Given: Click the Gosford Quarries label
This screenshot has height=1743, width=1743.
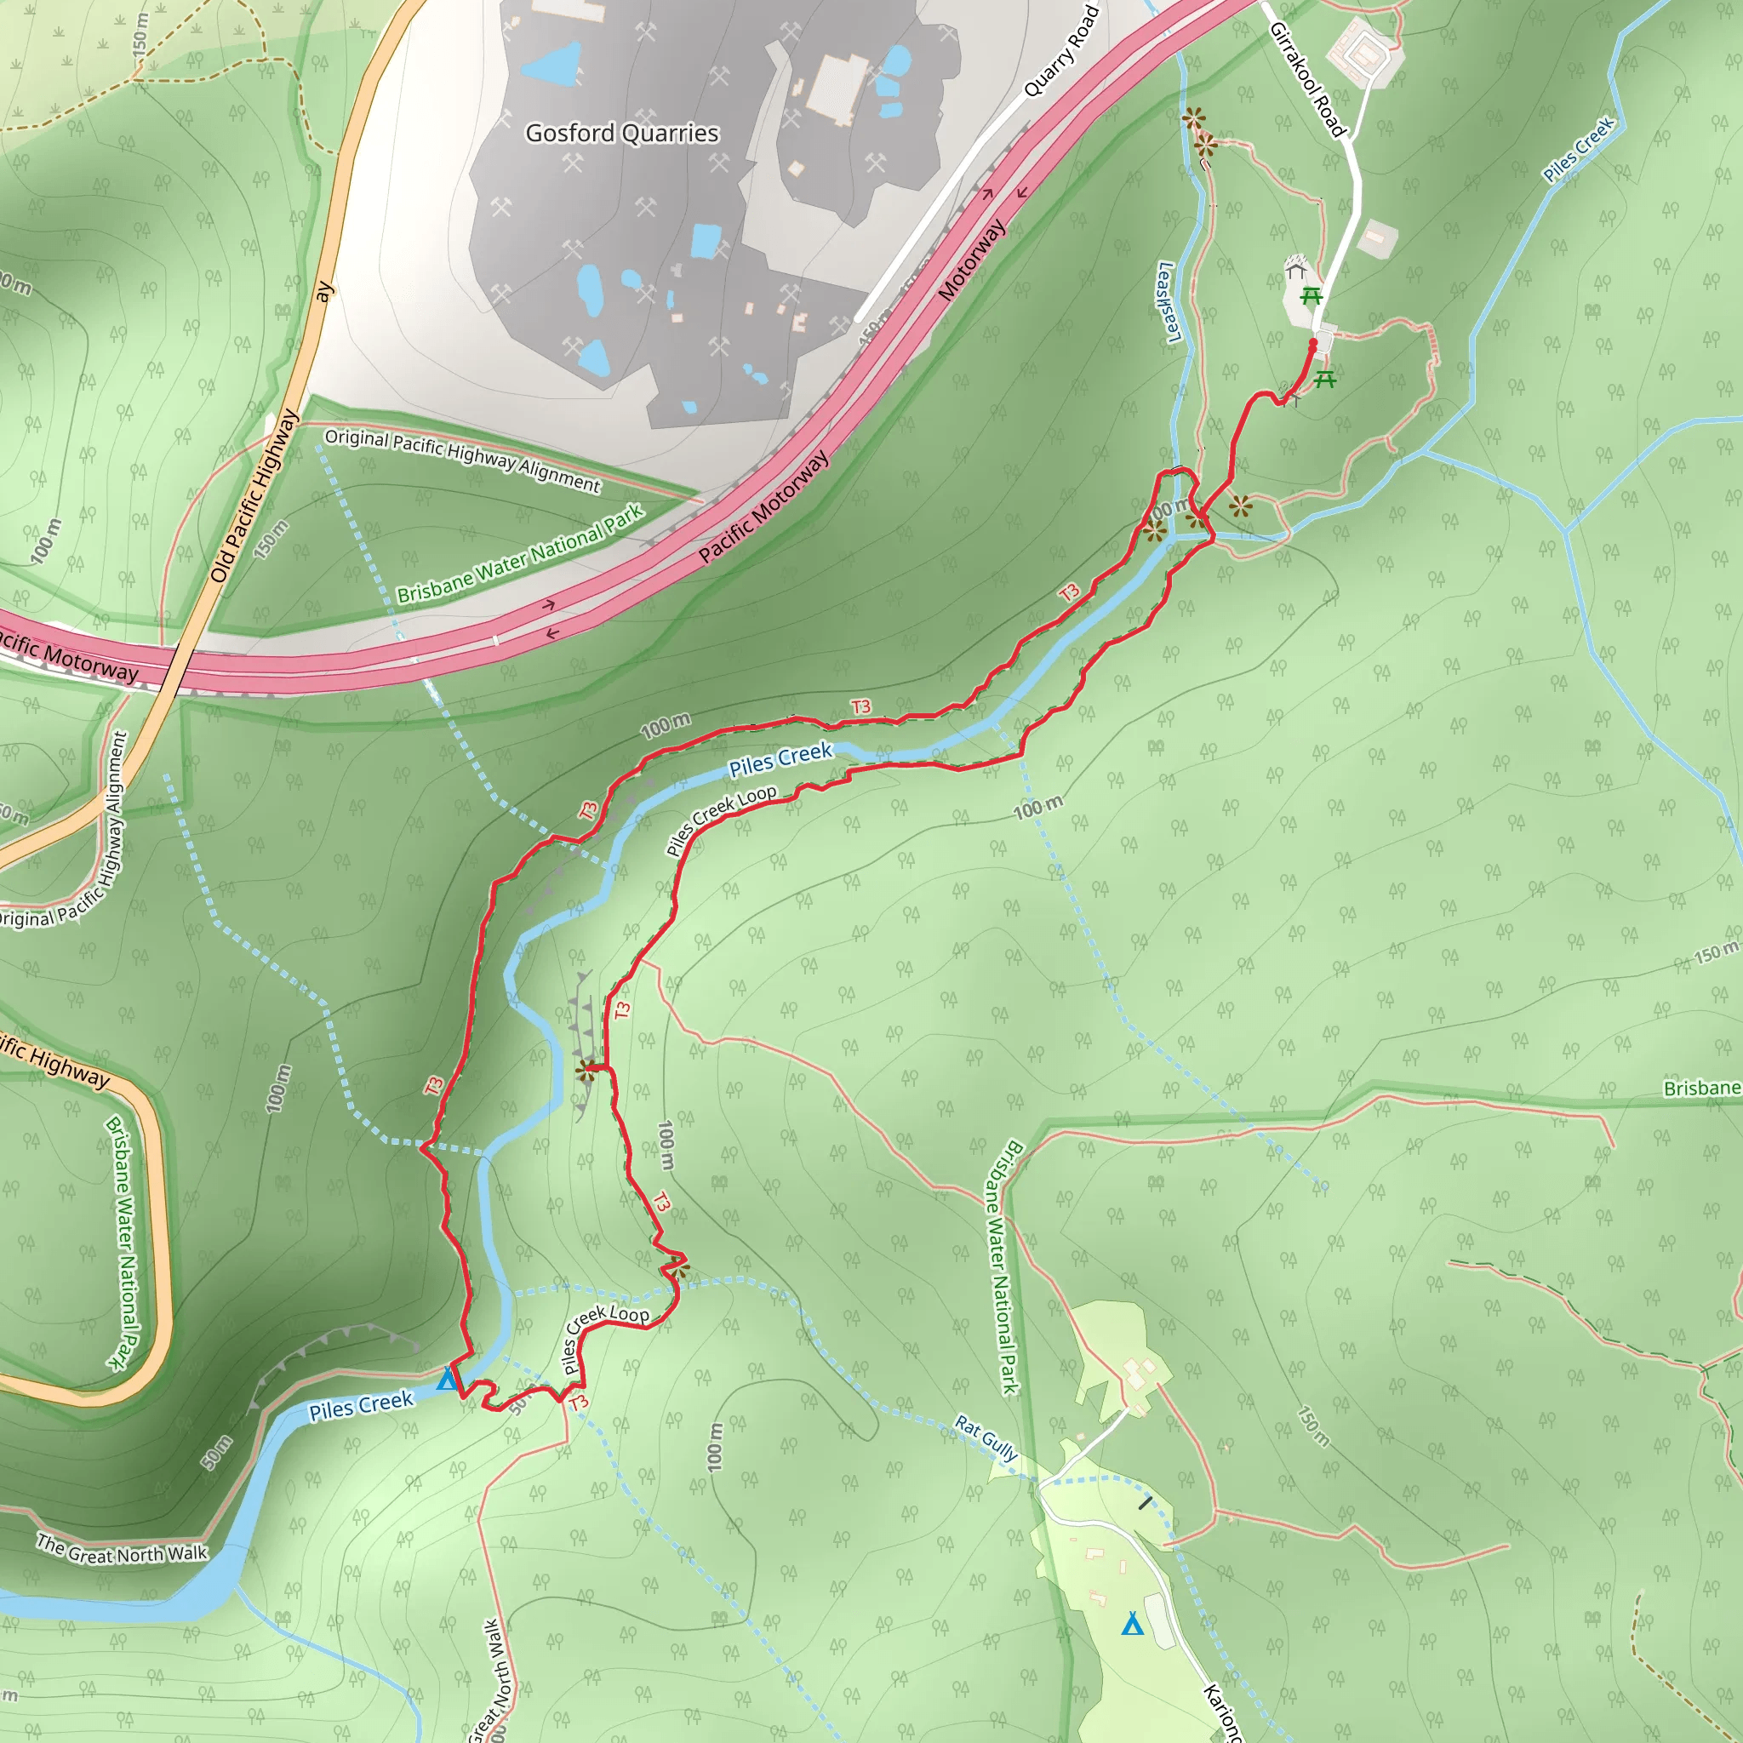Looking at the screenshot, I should click(x=621, y=134).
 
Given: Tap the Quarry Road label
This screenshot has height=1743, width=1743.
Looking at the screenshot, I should click(x=1063, y=50).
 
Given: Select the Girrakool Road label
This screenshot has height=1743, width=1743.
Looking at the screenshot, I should click(x=1307, y=79).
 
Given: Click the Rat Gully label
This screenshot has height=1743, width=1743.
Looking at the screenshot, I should click(x=986, y=1438).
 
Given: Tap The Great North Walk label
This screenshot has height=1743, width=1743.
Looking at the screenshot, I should click(x=122, y=1549).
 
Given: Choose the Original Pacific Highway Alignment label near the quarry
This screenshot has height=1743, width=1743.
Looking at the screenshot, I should click(x=462, y=461).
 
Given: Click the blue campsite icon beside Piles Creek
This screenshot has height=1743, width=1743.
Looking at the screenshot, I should click(x=447, y=1380).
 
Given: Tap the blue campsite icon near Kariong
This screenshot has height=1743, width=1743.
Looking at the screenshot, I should click(x=1132, y=1625).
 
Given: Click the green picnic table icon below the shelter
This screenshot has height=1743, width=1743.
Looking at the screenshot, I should click(x=1311, y=296).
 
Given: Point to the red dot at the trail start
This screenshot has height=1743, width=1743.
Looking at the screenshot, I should click(x=1312, y=344).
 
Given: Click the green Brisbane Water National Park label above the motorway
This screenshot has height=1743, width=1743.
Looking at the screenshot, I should click(x=521, y=553).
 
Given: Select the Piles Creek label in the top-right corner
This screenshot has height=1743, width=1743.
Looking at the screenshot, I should click(x=1578, y=150).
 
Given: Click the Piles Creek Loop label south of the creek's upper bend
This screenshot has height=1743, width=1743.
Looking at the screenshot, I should click(x=721, y=820).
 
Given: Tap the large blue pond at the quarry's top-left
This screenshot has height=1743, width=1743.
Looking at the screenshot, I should click(x=552, y=64).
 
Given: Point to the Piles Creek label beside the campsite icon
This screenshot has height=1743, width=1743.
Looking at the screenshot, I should click(x=361, y=1406).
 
